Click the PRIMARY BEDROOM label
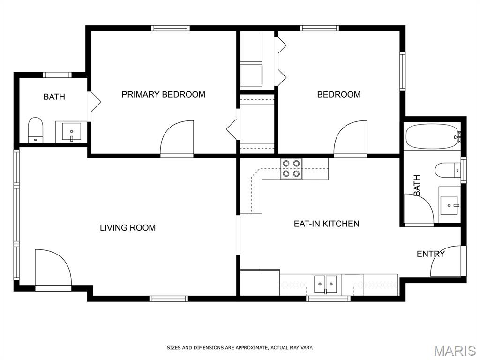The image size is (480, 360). coord(164,94)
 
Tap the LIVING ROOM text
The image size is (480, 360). coord(127,228)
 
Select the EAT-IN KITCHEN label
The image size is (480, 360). coord(326,224)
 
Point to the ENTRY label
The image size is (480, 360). coord(431,254)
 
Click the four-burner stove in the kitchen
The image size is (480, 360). coord(291,168)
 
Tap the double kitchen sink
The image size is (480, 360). coord(325,285)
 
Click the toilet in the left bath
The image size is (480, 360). coord(36,130)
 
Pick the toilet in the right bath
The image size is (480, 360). coord(448,170)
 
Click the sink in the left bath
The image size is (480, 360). coord(71,132)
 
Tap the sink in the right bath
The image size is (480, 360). coord(450,205)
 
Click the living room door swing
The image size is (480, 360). coord(53,268)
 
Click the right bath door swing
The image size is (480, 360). coord(419,209)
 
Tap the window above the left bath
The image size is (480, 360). coord(57,75)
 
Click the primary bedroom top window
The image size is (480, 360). coord(171,28)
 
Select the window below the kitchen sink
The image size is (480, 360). coord(328,299)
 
